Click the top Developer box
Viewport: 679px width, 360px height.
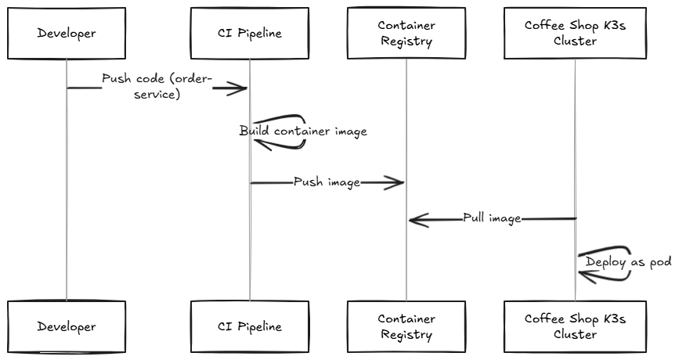[67, 33]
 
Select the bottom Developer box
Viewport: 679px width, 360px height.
[67, 326]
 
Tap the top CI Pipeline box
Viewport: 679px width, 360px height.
[250, 33]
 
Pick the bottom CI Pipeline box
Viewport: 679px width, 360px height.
[250, 326]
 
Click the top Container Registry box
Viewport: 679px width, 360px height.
[406, 33]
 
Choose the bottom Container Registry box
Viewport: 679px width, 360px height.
[406, 326]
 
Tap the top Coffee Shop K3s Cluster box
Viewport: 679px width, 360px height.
[575, 33]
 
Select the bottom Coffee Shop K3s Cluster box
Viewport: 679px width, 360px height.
[575, 326]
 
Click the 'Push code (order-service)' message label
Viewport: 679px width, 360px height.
[157, 87]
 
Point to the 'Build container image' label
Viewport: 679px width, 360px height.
[303, 131]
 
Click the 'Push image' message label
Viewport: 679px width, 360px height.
[327, 182]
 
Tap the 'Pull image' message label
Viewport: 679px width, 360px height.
[492, 218]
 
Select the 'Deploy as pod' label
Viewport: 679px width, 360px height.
[628, 262]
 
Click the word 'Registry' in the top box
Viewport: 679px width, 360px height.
[406, 41]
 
